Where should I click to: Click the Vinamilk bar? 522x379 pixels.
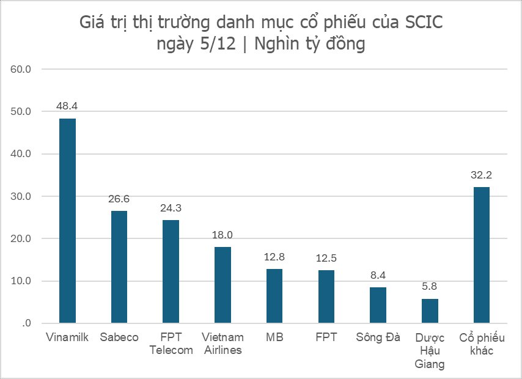point(67,221)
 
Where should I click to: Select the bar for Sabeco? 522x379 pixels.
point(119,267)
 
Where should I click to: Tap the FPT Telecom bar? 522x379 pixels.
point(171,271)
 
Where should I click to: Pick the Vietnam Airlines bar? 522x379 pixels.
point(222,285)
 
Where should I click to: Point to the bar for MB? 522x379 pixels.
point(274,296)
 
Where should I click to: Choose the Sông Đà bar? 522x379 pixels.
point(378,305)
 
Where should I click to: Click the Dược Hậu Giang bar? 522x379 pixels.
point(430,311)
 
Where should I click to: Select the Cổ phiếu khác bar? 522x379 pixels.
point(481,255)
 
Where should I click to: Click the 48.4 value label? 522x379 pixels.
point(67,106)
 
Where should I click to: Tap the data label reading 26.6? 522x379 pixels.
point(119,199)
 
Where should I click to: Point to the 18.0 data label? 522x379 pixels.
point(222,235)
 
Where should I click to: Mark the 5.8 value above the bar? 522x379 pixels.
point(430,287)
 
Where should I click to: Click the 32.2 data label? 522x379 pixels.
point(481,175)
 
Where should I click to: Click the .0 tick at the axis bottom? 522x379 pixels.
point(26,323)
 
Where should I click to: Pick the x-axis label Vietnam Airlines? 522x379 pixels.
point(222,344)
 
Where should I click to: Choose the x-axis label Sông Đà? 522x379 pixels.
point(378,337)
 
